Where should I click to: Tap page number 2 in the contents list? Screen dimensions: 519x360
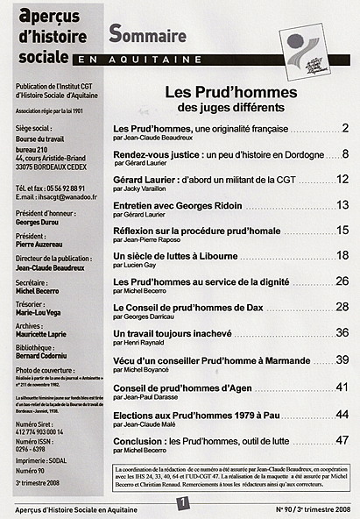click(345, 129)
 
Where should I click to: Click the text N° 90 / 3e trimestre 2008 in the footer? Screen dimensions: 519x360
click(313, 507)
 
